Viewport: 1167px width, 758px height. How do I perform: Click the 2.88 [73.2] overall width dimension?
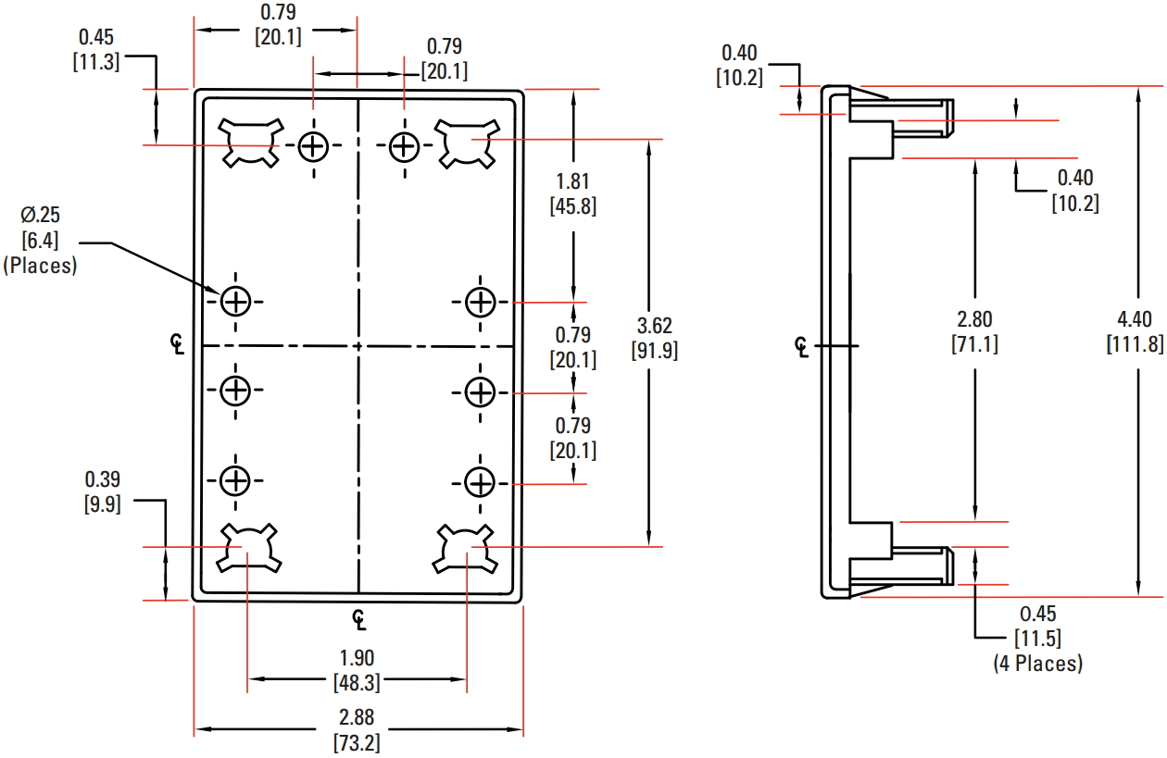(x=357, y=730)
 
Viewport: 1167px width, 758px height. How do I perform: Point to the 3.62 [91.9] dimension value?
(x=655, y=338)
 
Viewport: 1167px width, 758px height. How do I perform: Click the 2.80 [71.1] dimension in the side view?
(x=974, y=331)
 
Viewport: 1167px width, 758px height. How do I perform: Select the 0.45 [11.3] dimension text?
(x=96, y=50)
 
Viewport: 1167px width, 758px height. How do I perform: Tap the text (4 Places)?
(x=1037, y=664)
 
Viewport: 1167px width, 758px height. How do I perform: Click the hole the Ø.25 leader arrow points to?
(x=236, y=301)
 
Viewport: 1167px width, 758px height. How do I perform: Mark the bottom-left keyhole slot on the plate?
(x=249, y=547)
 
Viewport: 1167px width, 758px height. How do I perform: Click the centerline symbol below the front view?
(x=359, y=618)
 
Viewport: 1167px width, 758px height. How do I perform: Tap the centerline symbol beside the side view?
(x=802, y=346)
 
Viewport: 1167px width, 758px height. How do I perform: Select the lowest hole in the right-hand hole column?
(x=480, y=482)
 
